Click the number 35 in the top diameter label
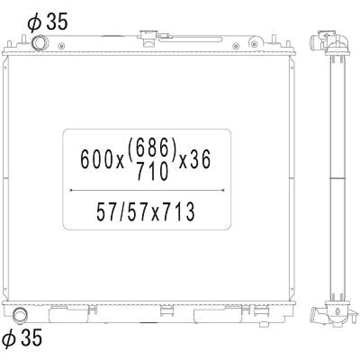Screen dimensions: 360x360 pyautogui.click(x=57, y=22)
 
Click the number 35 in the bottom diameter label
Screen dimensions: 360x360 pyautogui.click(x=31, y=337)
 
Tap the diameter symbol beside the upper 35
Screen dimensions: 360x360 pyautogui.click(x=34, y=22)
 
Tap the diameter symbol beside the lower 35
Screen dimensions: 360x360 pyautogui.click(x=9, y=338)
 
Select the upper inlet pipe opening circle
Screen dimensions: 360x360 pyautogui.click(x=40, y=43)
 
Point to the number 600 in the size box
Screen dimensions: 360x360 pyautogui.click(x=97, y=159)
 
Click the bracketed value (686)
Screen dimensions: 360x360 pyautogui.click(x=152, y=147)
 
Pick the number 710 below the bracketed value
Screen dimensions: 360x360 pyautogui.click(x=153, y=171)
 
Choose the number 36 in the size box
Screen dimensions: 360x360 pyautogui.click(x=200, y=159)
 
